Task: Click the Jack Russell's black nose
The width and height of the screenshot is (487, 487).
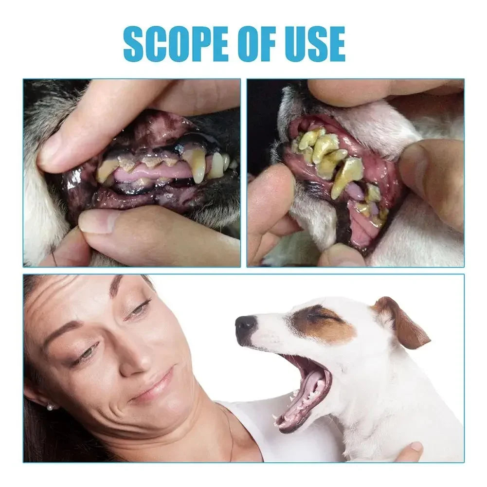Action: (x=246, y=326)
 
